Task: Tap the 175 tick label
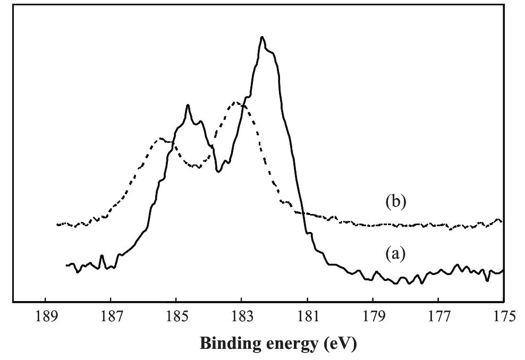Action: point(503,318)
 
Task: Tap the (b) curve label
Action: point(395,202)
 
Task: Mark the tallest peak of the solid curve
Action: point(262,37)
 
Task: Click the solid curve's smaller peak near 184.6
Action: point(188,105)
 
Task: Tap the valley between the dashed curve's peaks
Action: point(198,167)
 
